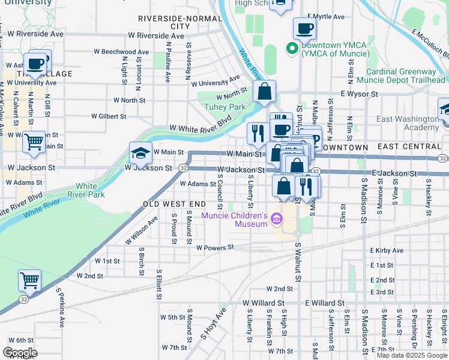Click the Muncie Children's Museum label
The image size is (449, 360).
tap(234, 220)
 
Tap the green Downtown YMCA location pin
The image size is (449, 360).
tap(292, 49)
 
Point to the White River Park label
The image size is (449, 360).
tap(90, 191)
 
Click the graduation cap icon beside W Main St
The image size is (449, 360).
tap(140, 154)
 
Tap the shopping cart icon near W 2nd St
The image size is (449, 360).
tap(29, 280)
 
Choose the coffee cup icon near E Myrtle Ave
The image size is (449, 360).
tap(304, 28)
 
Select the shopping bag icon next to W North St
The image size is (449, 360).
tap(264, 92)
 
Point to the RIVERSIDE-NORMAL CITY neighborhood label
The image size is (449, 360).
tap(180, 23)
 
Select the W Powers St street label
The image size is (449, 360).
tap(214, 247)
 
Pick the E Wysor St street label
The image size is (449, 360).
tap(359, 94)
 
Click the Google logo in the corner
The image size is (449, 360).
tap(20, 353)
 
